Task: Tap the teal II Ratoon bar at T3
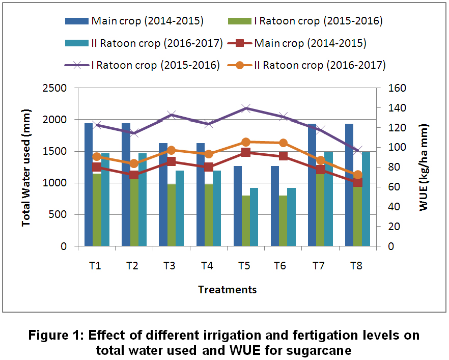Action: click(180, 208)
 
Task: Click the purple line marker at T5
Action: click(246, 108)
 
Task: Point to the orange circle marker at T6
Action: click(284, 143)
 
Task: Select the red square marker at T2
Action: click(134, 175)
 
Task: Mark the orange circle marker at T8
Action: click(358, 175)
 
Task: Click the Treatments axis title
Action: click(227, 290)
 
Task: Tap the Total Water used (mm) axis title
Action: click(25, 167)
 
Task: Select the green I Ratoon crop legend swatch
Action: click(243, 21)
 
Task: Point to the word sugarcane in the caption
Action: click(321, 351)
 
